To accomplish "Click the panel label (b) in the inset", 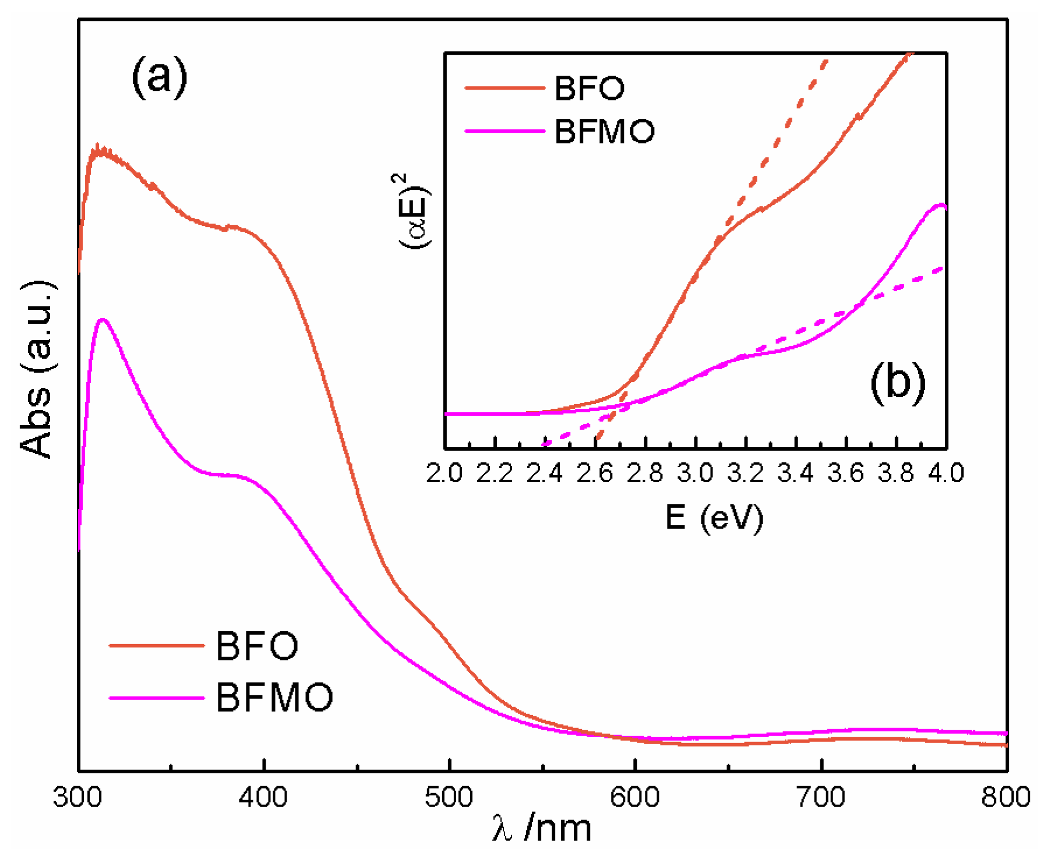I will point(898,383).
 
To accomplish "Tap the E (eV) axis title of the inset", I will point(714,516).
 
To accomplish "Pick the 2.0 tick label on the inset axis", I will point(445,473).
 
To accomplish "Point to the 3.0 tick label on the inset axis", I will point(696,473).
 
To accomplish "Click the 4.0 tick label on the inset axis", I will point(945,473).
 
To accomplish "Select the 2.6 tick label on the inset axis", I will point(595,473).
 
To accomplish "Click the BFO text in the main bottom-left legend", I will point(257,646).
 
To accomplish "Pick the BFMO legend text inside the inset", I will point(604,131).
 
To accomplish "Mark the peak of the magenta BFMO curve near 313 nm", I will point(103,320).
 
